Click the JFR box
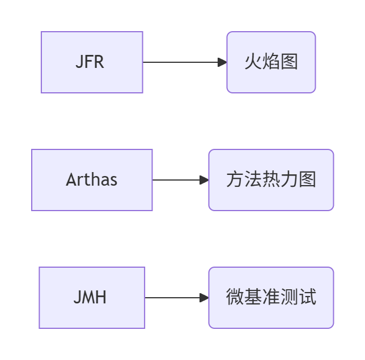(92, 62)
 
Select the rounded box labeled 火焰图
(271, 62)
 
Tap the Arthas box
(92, 180)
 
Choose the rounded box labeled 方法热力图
(271, 180)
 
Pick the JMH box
(92, 298)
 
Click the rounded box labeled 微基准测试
(271, 298)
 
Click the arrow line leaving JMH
(173, 298)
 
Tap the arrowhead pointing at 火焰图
(222, 62)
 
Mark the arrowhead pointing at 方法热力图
(204, 180)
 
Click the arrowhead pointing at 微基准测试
(204, 298)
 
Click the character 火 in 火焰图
(253, 62)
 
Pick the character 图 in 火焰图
(289, 62)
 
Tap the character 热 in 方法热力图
(271, 180)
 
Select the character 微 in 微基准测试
(235, 297)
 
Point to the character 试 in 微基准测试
(308, 297)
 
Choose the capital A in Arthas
(71, 180)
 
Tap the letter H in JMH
(100, 298)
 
